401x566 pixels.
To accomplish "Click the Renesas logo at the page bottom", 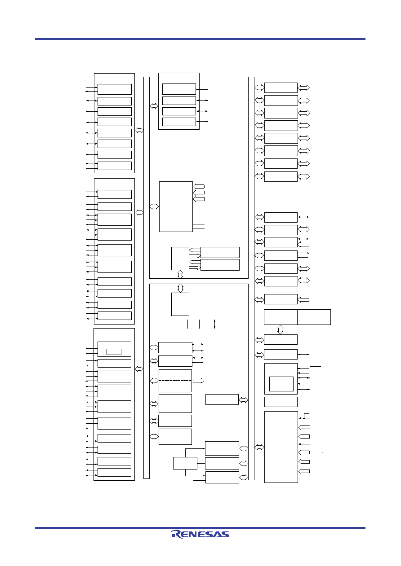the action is point(200,534).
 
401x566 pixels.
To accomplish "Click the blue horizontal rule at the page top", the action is point(200,39).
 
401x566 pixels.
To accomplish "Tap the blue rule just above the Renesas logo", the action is point(200,527).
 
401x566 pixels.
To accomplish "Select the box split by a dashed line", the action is point(175,381).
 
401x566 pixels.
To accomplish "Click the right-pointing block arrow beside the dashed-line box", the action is point(198,381).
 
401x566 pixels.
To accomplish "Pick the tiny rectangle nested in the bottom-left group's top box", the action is point(114,352).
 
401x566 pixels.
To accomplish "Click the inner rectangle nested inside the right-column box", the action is point(281,384).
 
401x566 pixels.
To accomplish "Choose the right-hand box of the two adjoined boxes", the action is point(314,317).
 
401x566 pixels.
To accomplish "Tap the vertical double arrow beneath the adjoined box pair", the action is point(281,329).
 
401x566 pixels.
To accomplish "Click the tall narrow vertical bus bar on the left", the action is point(147,278).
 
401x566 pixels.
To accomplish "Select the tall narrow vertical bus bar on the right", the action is point(251,278).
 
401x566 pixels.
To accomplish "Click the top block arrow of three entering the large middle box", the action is point(199,186).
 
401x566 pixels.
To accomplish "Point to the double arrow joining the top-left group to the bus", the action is point(139,130).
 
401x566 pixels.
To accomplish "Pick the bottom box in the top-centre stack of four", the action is point(179,122).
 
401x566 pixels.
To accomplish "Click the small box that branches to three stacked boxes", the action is point(185,463).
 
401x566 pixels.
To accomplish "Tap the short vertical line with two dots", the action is point(214,324).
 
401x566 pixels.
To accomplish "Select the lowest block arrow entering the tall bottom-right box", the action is point(304,471).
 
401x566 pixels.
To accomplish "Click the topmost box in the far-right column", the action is point(281,88).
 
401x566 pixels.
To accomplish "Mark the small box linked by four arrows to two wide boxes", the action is point(180,259).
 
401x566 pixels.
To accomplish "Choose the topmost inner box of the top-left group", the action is point(115,89).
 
